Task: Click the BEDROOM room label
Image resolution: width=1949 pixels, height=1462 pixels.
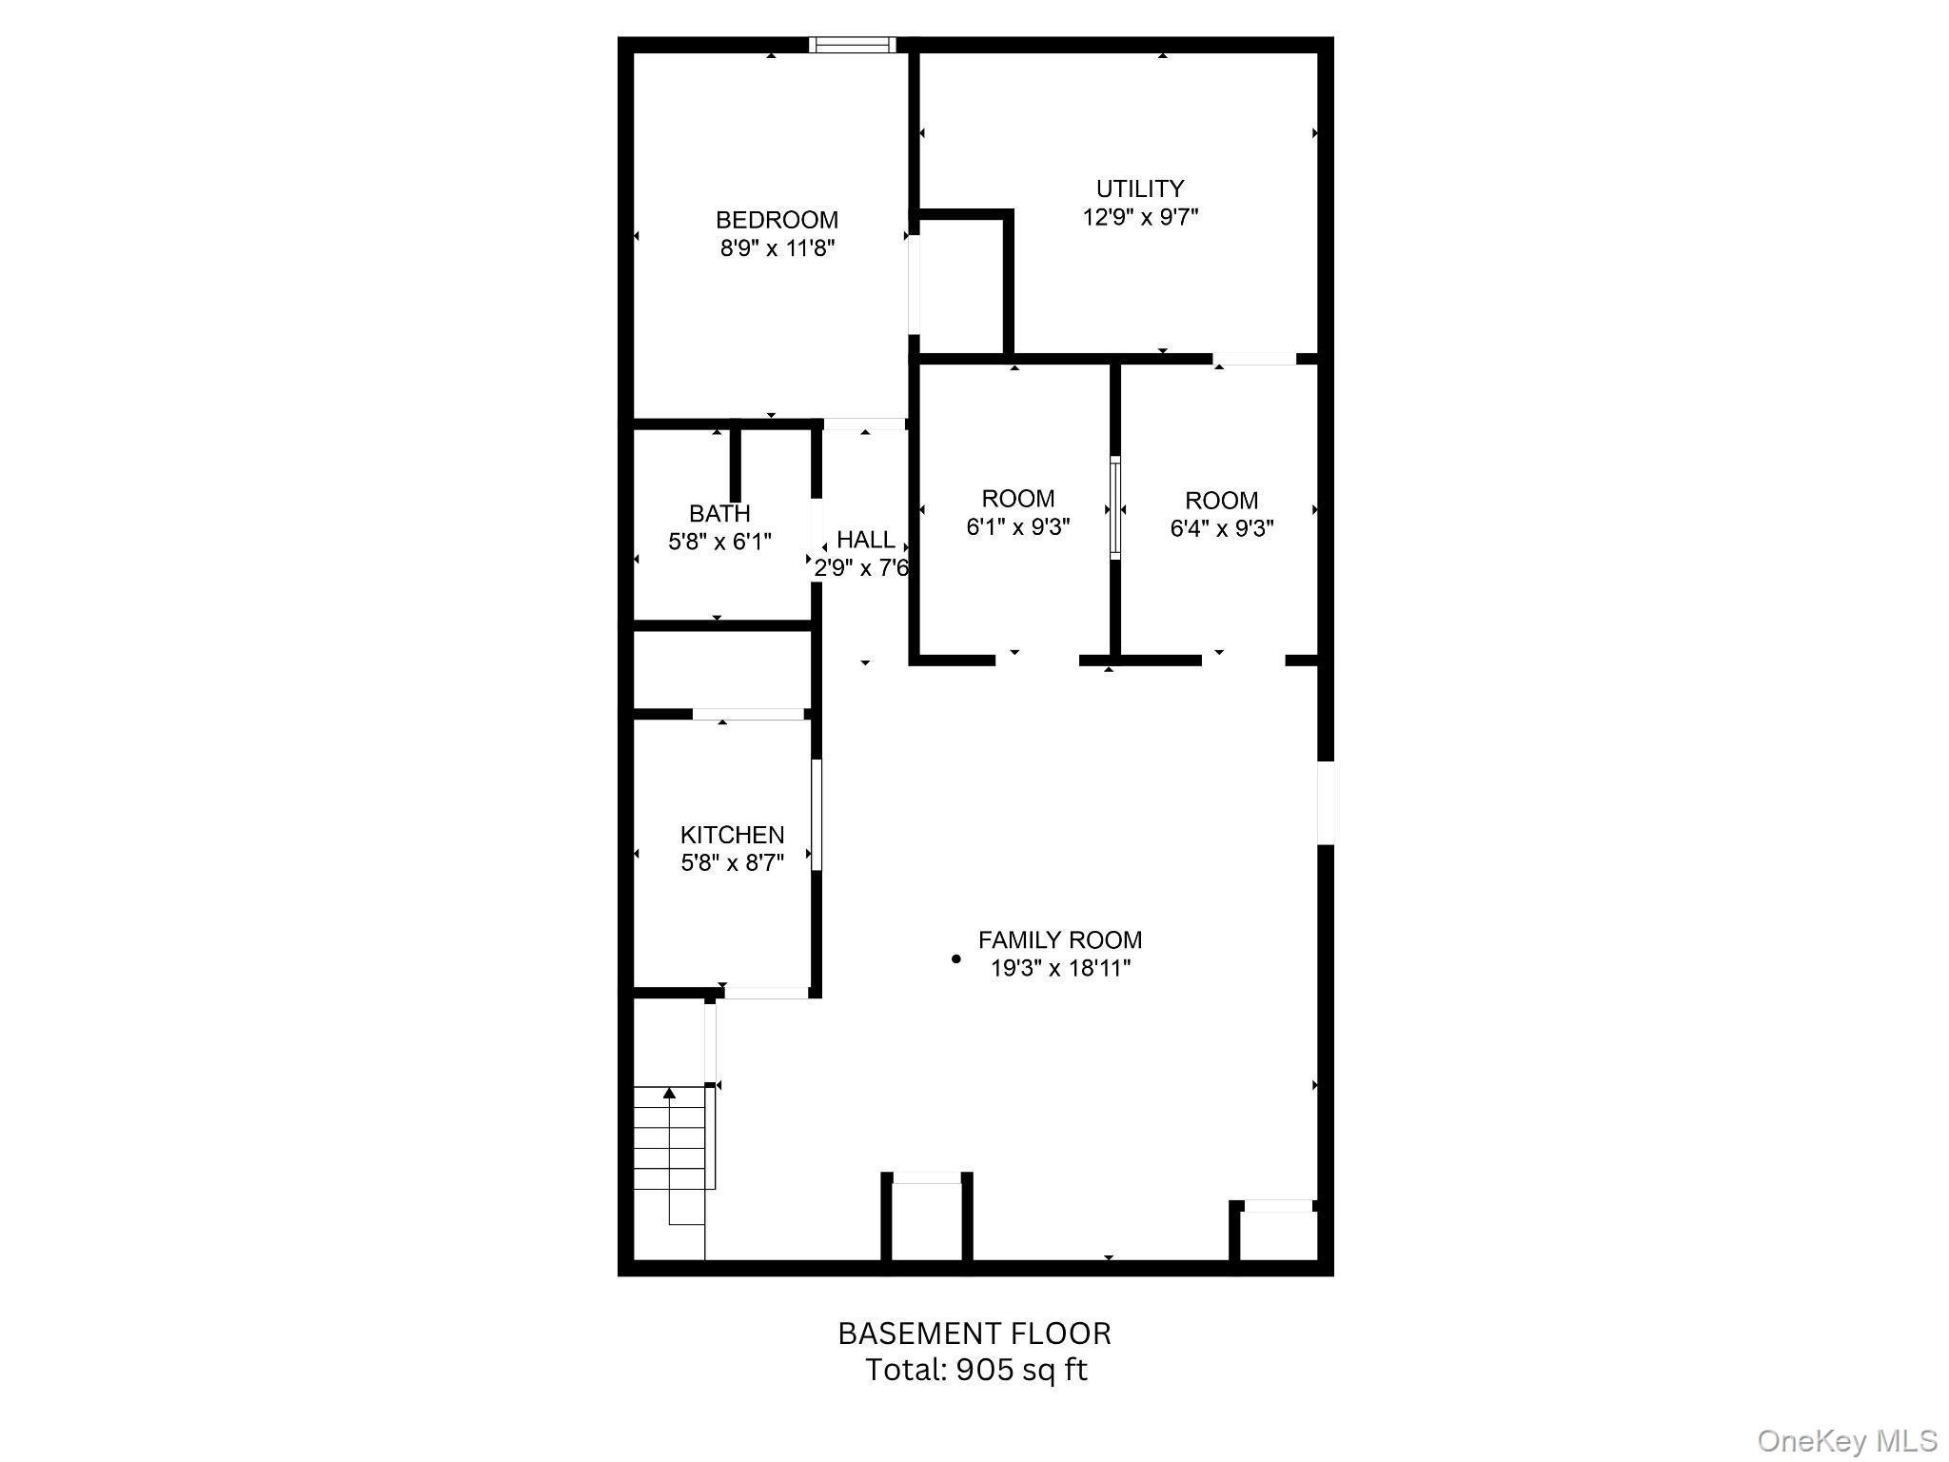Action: pos(777,220)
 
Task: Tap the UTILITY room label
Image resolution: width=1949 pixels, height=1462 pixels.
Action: pos(1139,188)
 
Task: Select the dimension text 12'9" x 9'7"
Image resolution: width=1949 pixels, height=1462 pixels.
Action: pos(1139,217)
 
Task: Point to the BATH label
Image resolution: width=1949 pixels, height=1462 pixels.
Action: pos(719,514)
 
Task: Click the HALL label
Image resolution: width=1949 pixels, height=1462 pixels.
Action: pos(865,540)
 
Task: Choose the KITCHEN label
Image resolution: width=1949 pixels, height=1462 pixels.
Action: pos(732,835)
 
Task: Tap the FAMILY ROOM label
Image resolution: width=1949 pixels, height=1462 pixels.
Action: pos(1059,940)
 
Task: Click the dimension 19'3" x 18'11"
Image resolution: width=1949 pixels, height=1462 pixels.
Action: pos(1059,969)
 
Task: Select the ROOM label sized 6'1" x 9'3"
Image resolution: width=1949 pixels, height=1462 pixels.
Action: pos(1017,499)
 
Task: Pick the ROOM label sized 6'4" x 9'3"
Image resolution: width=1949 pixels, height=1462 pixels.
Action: pos(1221,501)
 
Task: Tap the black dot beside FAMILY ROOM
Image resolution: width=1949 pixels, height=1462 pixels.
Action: pos(956,959)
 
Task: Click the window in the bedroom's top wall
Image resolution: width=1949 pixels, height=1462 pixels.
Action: pos(853,44)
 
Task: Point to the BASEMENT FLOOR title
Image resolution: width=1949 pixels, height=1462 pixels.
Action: pos(974,1334)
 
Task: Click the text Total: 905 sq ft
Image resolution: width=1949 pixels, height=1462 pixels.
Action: pos(975,1370)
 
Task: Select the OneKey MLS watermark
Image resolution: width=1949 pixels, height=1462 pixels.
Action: pos(1846,1440)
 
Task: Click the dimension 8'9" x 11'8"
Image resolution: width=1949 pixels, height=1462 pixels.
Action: pos(777,249)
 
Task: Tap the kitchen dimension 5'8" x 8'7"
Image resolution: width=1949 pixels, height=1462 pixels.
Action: pos(732,863)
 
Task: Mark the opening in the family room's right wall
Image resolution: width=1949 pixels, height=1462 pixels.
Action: pos(1325,801)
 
